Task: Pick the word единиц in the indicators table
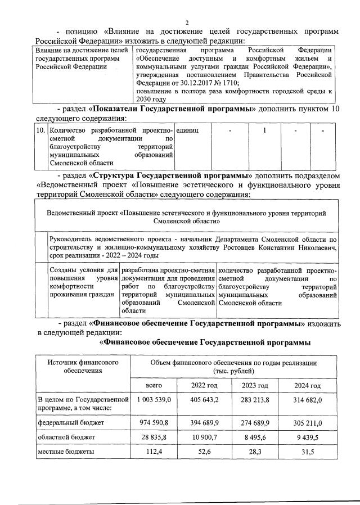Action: click(188, 130)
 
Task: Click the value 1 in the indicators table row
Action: click(264, 130)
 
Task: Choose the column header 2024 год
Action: click(307, 385)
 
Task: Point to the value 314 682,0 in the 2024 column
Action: click(307, 399)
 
